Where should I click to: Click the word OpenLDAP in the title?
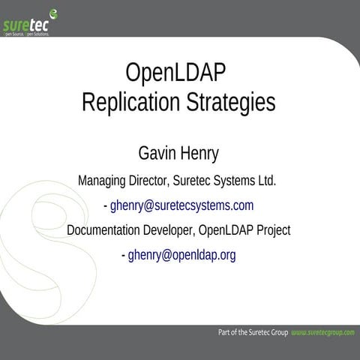pyautogui.click(x=175, y=74)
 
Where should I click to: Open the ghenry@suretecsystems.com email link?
pyautogui.click(x=182, y=205)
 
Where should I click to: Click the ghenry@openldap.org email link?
pyautogui.click(x=182, y=255)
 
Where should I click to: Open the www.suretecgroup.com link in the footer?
pyautogui.click(x=322, y=331)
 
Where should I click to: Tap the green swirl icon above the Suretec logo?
pyautogui.click(x=53, y=11)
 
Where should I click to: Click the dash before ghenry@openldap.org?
pyautogui.click(x=123, y=255)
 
